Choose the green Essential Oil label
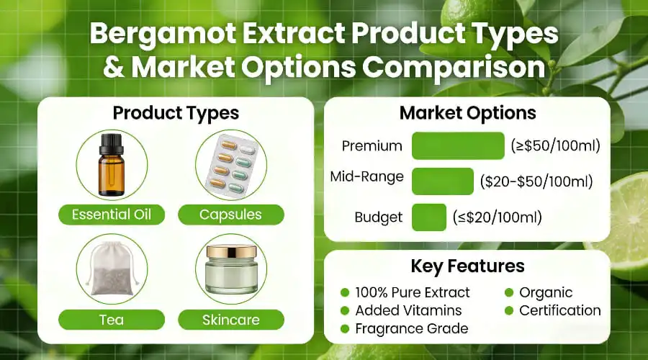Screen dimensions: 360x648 click(x=112, y=214)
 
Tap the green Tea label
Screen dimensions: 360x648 click(x=112, y=319)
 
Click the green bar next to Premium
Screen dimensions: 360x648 click(x=458, y=145)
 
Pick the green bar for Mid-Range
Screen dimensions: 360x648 click(x=442, y=181)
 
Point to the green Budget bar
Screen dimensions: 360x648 click(x=429, y=217)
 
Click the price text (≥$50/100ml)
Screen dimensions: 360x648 click(x=555, y=146)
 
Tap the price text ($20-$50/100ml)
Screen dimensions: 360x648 click(x=536, y=181)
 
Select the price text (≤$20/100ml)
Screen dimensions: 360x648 click(x=497, y=217)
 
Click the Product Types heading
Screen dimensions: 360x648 click(x=176, y=113)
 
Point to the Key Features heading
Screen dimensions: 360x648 click(x=467, y=266)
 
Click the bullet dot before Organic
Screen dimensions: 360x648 click(x=508, y=292)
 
